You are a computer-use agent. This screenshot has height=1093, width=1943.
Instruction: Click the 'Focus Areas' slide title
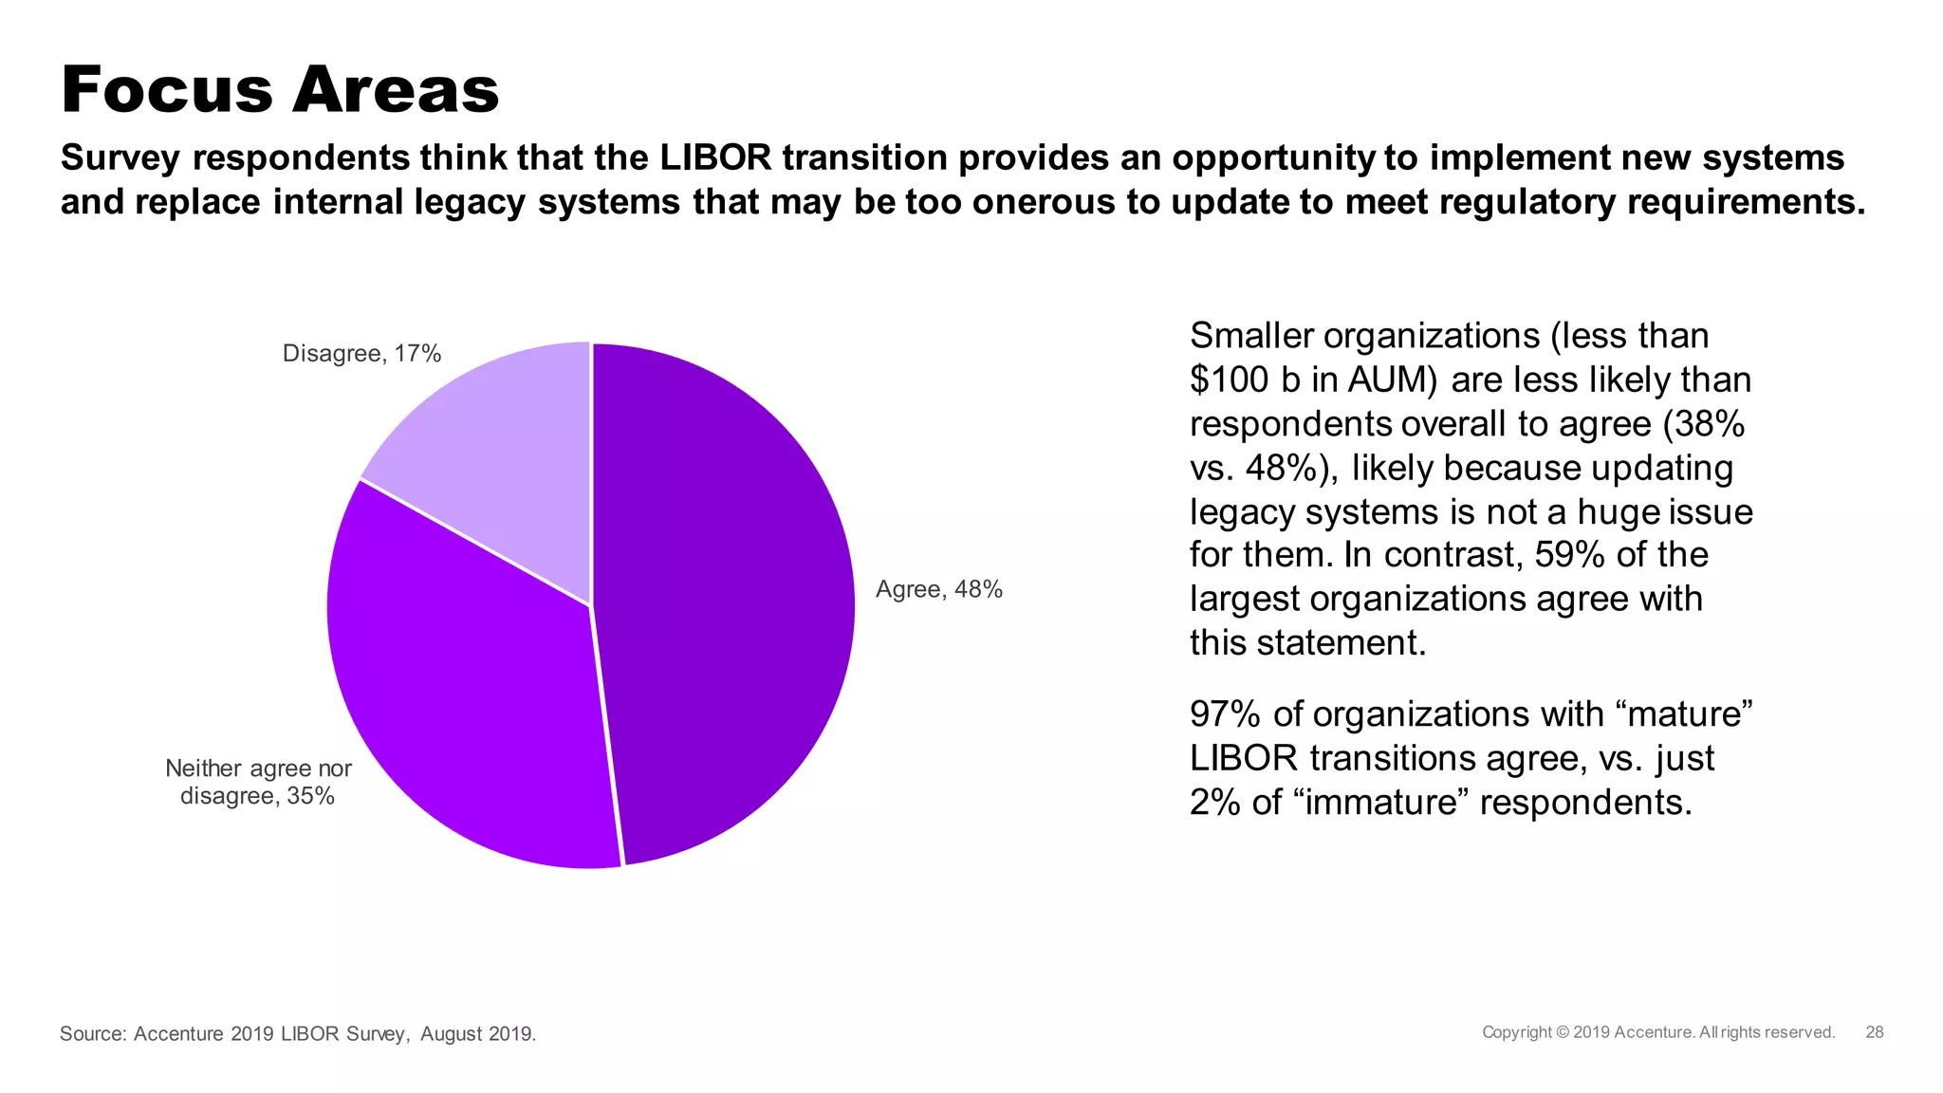pyautogui.click(x=280, y=90)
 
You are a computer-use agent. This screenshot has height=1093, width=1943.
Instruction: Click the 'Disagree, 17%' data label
pyautogui.click(x=361, y=354)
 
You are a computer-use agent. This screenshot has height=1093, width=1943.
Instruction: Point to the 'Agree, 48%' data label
pyautogui.click(x=938, y=589)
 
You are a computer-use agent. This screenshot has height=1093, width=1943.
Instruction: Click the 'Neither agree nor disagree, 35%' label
pyautogui.click(x=258, y=782)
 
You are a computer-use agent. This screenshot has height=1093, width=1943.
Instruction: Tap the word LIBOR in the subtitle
pyautogui.click(x=716, y=157)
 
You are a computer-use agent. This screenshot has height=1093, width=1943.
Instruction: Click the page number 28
pyautogui.click(x=1874, y=1032)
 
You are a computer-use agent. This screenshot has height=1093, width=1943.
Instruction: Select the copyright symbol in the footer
pyautogui.click(x=1563, y=1032)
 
